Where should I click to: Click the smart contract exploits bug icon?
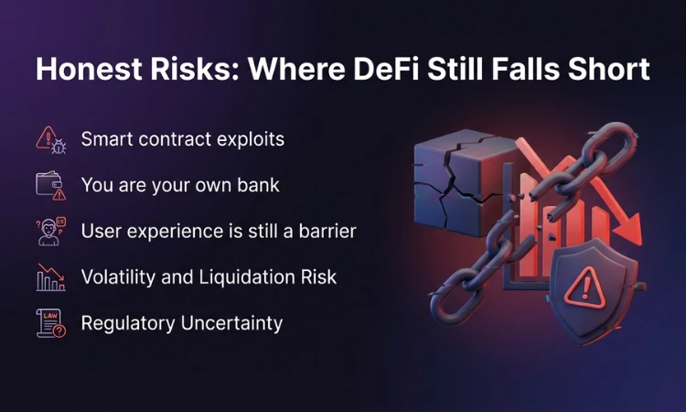point(50,139)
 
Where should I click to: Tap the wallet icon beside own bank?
point(50,185)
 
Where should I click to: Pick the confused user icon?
point(50,231)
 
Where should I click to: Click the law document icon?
point(50,323)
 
